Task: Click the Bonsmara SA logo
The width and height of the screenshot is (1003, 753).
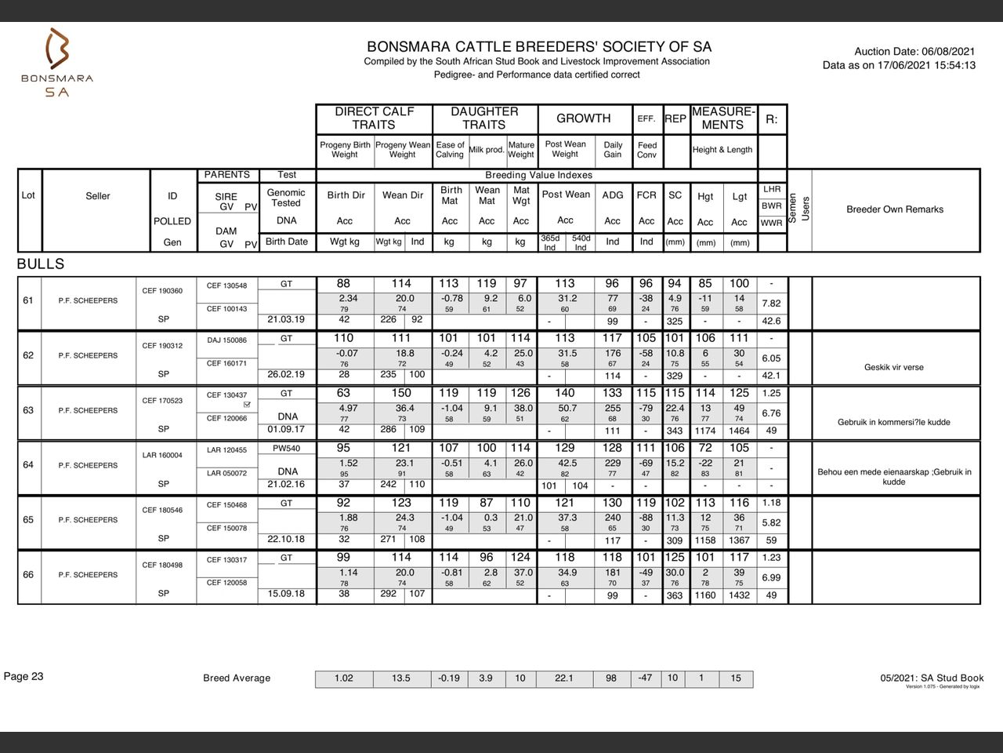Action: point(56,63)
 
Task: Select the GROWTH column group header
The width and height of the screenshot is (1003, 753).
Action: point(583,118)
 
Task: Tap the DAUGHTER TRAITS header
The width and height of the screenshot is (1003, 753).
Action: point(483,118)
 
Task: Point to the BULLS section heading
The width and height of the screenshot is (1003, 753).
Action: point(41,264)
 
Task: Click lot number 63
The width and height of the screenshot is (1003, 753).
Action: point(28,410)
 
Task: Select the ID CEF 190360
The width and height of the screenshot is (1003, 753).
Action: point(162,291)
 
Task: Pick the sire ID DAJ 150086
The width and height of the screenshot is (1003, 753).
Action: point(226,340)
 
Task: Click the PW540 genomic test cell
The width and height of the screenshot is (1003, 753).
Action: point(286,449)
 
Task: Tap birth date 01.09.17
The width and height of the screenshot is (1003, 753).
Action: point(286,429)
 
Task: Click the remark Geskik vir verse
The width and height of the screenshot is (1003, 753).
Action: point(893,367)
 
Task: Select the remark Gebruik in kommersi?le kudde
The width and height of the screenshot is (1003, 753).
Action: point(893,422)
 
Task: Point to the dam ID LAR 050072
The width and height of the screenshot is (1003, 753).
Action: point(226,473)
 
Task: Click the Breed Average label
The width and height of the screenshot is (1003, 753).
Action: point(237,678)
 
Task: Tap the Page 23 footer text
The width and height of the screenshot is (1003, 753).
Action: point(24,676)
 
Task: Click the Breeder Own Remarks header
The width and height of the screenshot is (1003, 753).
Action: point(894,209)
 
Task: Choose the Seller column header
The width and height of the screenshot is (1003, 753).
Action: point(98,196)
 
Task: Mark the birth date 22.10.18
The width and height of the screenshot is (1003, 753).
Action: point(286,539)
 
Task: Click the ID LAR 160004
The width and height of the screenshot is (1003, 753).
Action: point(162,455)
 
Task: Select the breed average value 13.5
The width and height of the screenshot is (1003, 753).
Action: point(400,678)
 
